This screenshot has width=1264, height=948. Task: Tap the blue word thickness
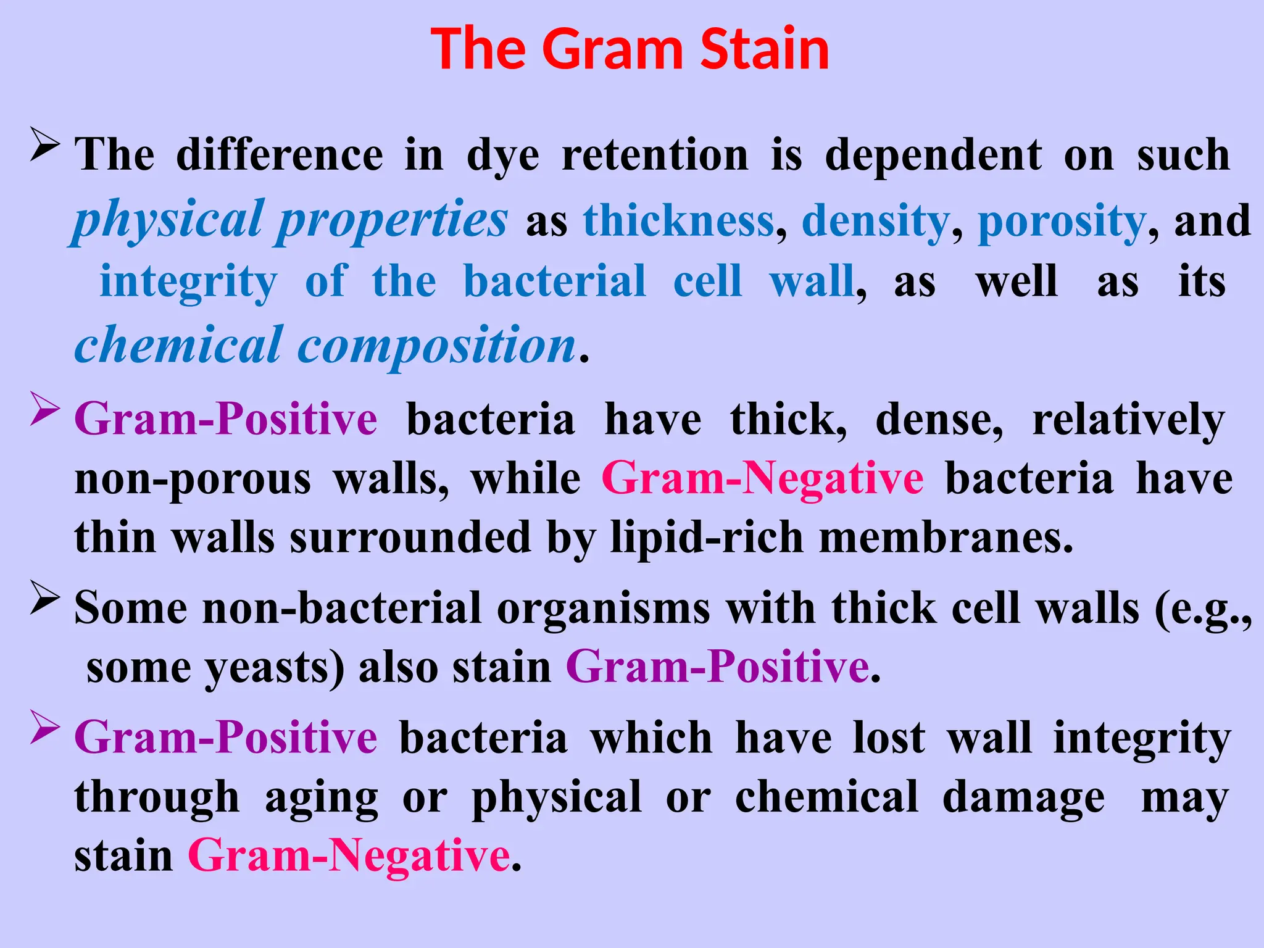click(678, 221)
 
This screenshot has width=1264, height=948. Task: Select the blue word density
click(876, 221)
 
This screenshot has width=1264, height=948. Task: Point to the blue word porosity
click(1062, 221)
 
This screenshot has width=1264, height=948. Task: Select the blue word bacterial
click(554, 281)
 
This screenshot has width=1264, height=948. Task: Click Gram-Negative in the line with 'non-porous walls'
click(762, 478)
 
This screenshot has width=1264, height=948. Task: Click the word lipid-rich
click(707, 537)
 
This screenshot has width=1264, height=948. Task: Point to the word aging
click(321, 797)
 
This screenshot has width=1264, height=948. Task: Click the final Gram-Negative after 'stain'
click(349, 856)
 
